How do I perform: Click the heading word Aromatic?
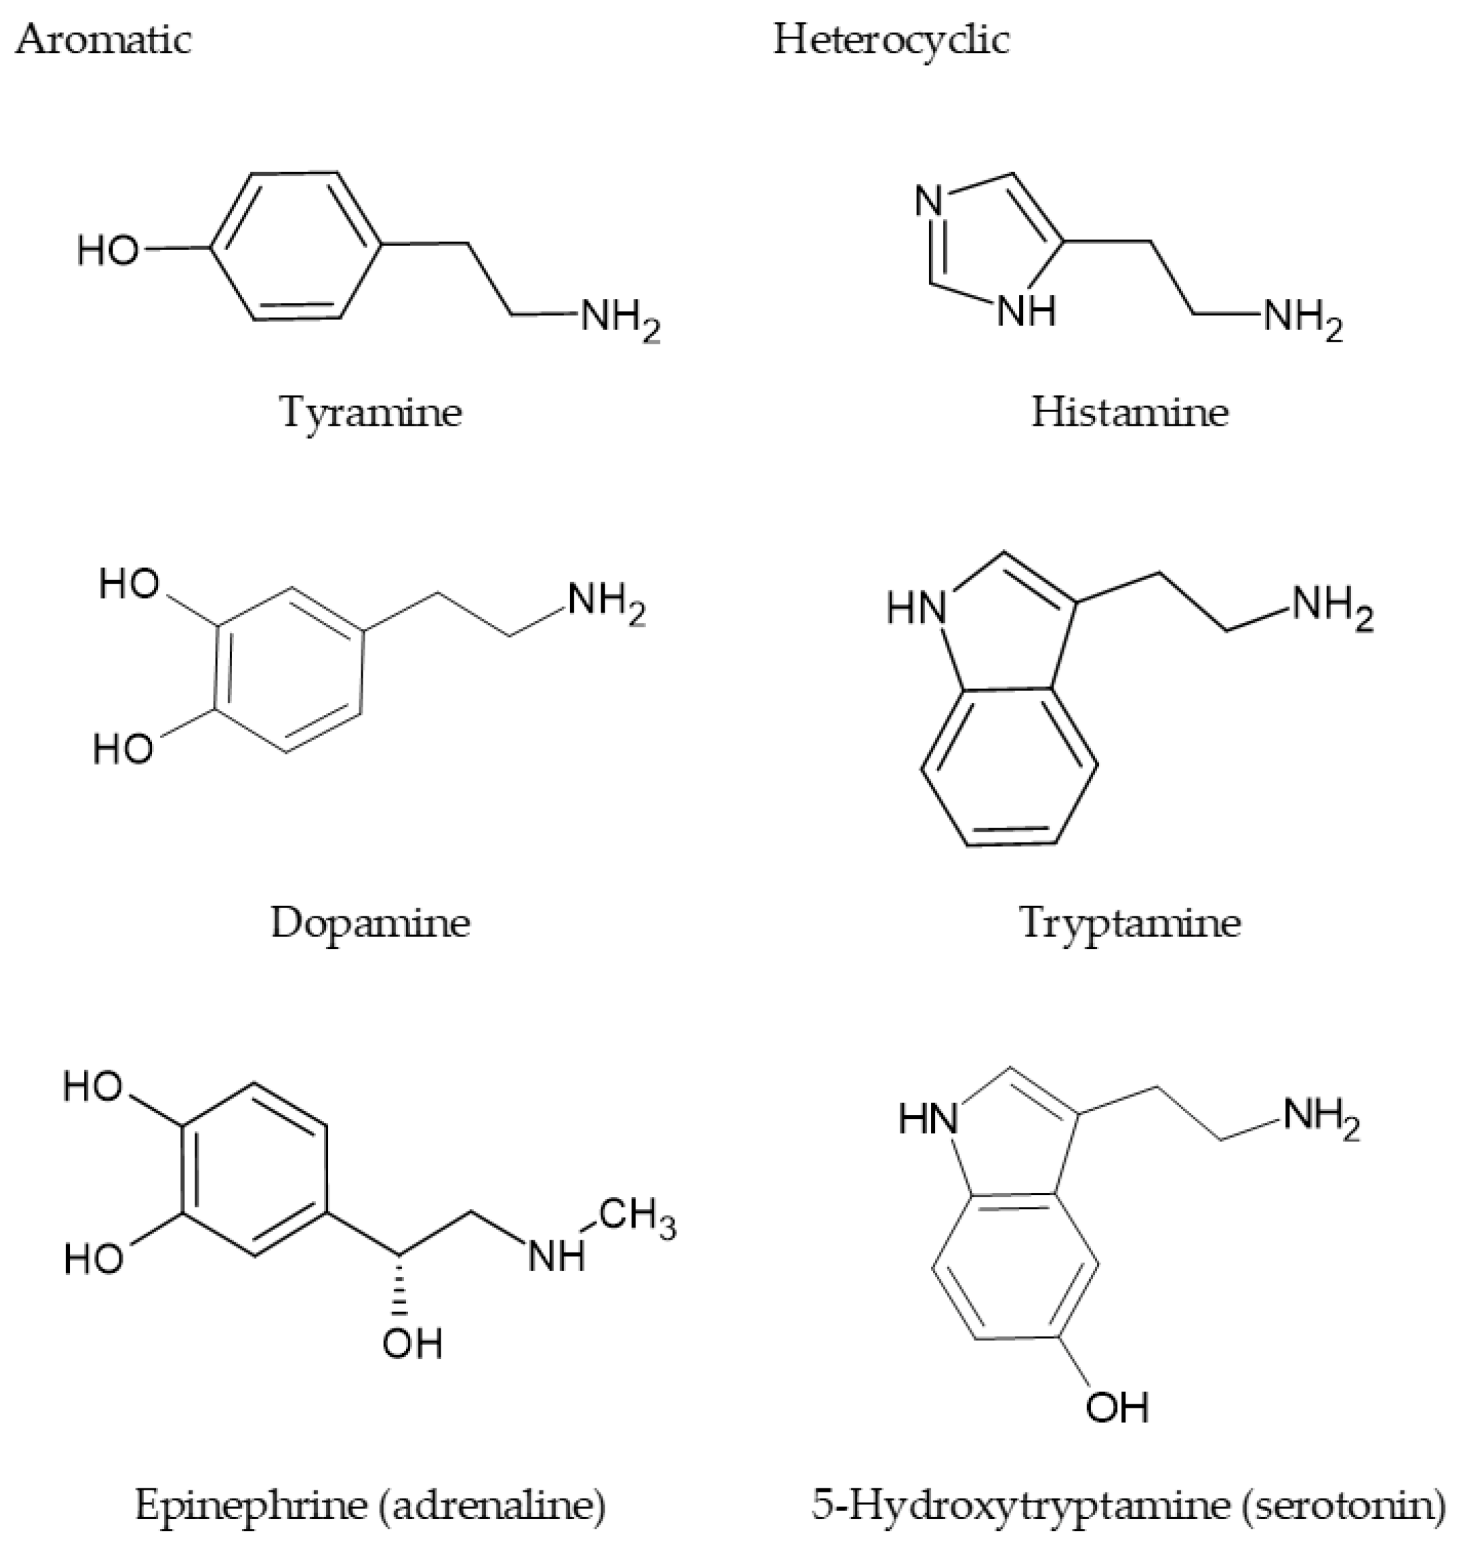coord(103,39)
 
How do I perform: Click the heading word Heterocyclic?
coord(891,39)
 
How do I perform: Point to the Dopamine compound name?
coord(371,923)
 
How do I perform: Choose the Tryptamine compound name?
coord(1130,923)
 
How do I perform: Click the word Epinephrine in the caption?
coord(250,1504)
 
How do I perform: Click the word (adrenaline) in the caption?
coord(492,1504)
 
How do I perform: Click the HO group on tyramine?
coord(108,251)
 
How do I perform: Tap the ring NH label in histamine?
coord(1026,312)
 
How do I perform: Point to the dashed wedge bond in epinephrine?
coord(400,1286)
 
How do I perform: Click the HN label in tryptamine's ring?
coord(917,607)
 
